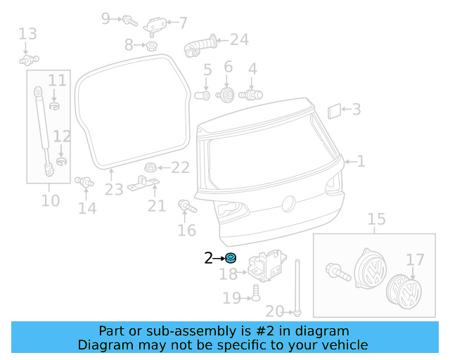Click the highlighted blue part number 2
(231, 258)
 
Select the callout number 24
(239, 39)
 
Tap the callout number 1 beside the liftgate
(361, 161)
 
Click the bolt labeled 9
(129, 20)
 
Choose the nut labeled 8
(150, 46)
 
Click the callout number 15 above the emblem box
(377, 219)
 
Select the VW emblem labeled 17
(406, 290)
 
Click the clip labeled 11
(56, 106)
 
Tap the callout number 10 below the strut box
(50, 200)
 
